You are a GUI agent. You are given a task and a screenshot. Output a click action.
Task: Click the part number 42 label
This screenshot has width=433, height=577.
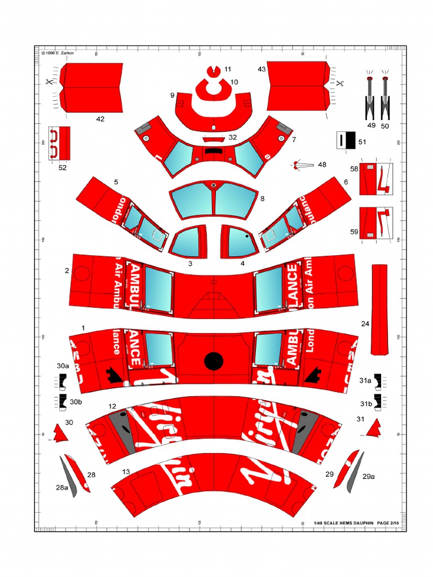(x=100, y=119)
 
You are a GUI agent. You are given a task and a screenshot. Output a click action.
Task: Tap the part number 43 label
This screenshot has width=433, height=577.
(x=262, y=69)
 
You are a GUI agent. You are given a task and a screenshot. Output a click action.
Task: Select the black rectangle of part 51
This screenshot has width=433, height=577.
(x=350, y=141)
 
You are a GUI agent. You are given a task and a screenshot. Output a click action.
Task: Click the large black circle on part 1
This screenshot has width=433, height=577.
(x=214, y=361)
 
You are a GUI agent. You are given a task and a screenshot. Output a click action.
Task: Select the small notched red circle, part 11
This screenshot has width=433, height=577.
(x=213, y=70)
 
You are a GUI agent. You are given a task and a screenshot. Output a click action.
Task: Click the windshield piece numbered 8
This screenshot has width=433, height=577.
(x=213, y=201)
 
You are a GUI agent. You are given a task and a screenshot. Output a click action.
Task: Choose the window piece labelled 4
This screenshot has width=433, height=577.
(x=240, y=241)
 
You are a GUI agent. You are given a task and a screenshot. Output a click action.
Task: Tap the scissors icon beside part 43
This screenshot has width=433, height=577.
(x=340, y=83)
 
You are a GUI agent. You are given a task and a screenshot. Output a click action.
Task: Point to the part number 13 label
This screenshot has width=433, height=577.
(x=126, y=472)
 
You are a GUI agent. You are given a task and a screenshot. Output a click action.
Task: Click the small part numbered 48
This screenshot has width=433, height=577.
(x=303, y=165)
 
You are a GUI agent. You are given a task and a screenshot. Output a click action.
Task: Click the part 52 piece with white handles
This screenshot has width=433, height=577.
(x=59, y=143)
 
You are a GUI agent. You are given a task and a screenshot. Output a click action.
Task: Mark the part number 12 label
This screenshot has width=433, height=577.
(x=113, y=406)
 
